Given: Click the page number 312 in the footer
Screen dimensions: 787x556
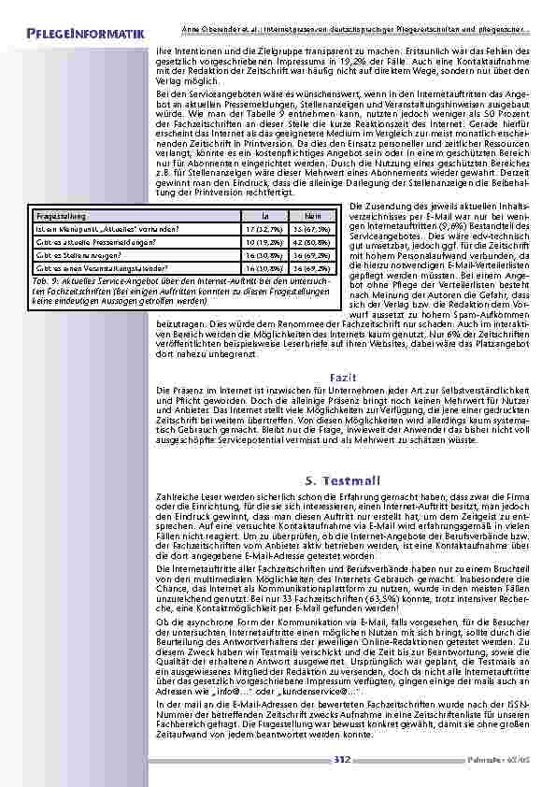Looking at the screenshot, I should (341, 760).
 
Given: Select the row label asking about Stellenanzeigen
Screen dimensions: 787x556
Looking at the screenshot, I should (83, 253).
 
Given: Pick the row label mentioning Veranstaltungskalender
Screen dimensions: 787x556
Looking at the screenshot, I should (104, 266).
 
